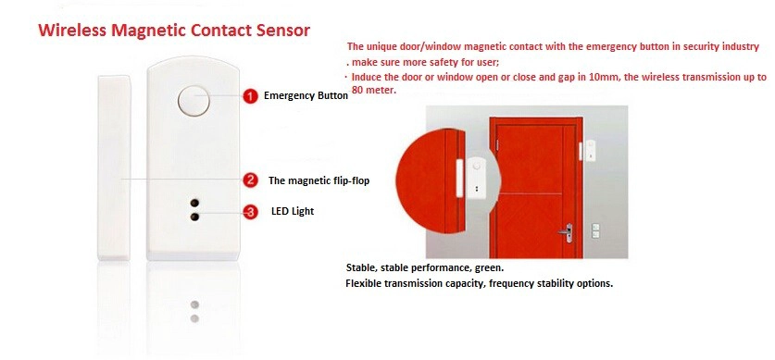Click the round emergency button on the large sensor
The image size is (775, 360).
pyautogui.click(x=194, y=100)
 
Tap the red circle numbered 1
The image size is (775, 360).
pyautogui.click(x=251, y=96)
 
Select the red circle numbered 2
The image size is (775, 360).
pyautogui.click(x=251, y=180)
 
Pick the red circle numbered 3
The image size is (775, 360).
pyautogui.click(x=251, y=212)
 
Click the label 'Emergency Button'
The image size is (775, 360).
pyautogui.click(x=306, y=96)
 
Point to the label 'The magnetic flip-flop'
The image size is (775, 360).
pyautogui.click(x=319, y=180)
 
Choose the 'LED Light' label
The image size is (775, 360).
pyautogui.click(x=293, y=211)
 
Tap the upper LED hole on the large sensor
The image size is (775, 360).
pyautogui.click(x=194, y=203)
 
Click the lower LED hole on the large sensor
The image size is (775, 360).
pyautogui.click(x=194, y=217)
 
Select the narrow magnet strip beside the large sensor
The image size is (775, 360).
pyautogui.click(x=114, y=168)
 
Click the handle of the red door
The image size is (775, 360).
pyautogui.click(x=567, y=232)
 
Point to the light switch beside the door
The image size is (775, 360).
pyautogui.click(x=595, y=230)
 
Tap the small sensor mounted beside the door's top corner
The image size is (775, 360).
pyautogui.click(x=587, y=151)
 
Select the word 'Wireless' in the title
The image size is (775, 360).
pyautogui.click(x=72, y=31)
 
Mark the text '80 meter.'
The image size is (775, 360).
pyautogui.click(x=374, y=91)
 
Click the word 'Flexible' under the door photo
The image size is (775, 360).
pyautogui.click(x=363, y=284)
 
